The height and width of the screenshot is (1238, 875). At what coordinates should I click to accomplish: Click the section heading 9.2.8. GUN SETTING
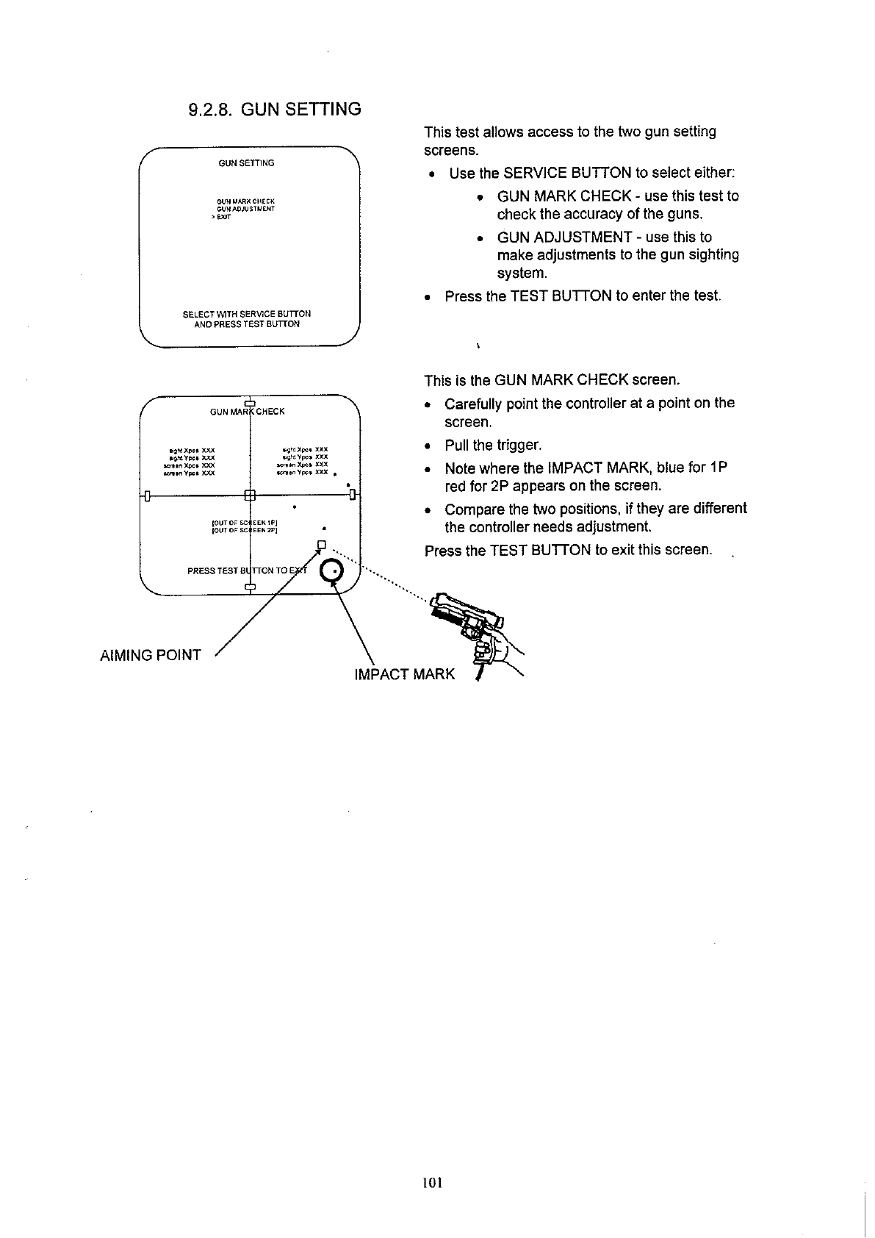pos(275,110)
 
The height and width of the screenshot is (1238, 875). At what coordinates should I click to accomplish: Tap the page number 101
pos(432,1183)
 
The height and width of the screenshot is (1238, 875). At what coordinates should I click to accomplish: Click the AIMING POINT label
pos(150,655)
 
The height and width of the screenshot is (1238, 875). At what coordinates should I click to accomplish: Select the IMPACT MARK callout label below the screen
pos(404,674)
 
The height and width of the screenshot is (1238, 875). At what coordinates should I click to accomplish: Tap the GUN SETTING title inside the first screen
pos(246,163)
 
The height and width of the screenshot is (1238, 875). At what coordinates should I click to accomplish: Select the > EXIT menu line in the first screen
pos(220,218)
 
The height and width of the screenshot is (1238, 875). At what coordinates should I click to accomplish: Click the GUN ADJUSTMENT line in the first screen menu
pos(245,209)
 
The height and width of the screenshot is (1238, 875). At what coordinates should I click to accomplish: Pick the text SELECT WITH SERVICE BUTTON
pos(246,314)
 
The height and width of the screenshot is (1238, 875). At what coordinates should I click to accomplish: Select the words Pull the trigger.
pos(493,446)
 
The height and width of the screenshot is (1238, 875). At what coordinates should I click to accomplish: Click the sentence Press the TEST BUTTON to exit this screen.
pos(568,550)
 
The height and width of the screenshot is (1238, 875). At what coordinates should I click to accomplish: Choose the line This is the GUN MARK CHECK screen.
pos(552,380)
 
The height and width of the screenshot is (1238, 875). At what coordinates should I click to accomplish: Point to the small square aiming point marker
pos(320,545)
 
